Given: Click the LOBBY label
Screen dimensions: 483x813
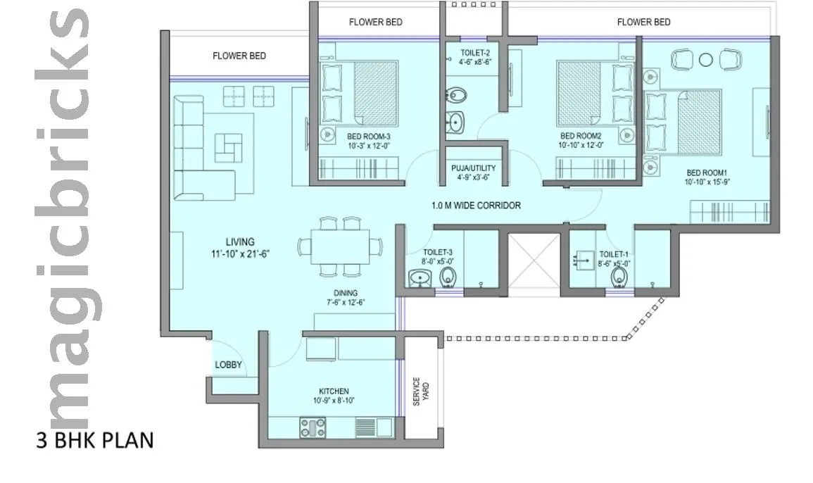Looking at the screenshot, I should pyautogui.click(x=228, y=365).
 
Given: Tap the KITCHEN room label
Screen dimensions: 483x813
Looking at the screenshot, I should pyautogui.click(x=333, y=391).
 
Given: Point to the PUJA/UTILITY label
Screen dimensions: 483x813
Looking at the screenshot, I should pyautogui.click(x=474, y=168).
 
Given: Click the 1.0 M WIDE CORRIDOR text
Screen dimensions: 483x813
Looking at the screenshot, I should pyautogui.click(x=476, y=206).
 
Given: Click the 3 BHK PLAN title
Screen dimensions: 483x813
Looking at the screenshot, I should pyautogui.click(x=94, y=441).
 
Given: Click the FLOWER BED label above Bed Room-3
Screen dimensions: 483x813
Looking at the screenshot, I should pyautogui.click(x=376, y=22).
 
